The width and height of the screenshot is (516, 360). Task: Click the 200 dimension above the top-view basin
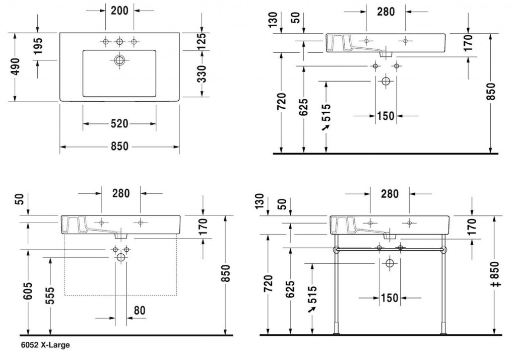[119, 11]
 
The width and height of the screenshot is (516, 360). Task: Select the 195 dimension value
[38, 46]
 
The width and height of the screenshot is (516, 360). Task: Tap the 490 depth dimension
[15, 67]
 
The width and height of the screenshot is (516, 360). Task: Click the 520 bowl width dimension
[119, 124]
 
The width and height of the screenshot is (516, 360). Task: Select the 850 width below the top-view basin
[119, 146]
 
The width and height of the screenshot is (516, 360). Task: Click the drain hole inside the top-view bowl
[119, 60]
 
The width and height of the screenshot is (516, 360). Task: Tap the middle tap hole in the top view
[119, 42]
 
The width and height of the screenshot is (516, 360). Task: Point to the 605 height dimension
[28, 291]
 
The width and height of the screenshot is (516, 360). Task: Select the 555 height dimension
[50, 296]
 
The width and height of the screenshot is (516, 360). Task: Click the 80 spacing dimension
[140, 310]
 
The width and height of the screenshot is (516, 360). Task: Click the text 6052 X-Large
[45, 345]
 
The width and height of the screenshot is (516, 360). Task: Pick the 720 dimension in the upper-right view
[282, 101]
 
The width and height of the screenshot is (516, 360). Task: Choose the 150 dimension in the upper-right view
[385, 116]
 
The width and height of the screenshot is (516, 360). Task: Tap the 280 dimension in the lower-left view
[121, 193]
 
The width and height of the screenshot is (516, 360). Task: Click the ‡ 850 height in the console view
[496, 274]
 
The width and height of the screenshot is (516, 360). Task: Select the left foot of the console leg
[336, 333]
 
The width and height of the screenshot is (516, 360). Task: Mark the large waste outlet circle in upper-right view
[385, 81]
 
